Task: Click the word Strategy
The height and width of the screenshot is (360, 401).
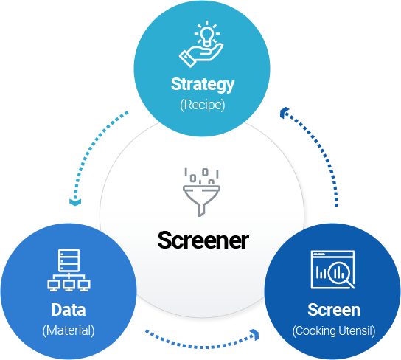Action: tap(203, 84)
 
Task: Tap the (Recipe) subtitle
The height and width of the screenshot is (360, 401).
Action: tap(203, 105)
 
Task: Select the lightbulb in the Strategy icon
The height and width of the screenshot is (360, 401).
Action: tap(206, 37)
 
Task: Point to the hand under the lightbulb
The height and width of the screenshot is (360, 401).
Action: tap(201, 55)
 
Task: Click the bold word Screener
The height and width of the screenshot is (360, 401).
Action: tap(203, 240)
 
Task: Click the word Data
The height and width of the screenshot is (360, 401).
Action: tap(69, 310)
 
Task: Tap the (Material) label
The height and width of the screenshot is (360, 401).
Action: tap(69, 330)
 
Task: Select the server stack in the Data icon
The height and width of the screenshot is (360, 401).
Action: tap(69, 260)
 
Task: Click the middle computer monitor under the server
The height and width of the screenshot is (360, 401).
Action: tap(69, 285)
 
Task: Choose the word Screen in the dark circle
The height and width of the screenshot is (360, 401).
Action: tap(334, 310)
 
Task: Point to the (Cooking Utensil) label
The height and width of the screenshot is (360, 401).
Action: tap(334, 330)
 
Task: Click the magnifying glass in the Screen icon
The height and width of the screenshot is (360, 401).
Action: tap(340, 274)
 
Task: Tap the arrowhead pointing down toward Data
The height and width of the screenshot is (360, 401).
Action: tap(75, 201)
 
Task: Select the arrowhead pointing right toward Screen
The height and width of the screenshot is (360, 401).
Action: tap(255, 335)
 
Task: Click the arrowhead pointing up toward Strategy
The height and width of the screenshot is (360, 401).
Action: tap(284, 113)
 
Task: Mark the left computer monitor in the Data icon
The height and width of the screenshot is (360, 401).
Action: tap(54, 285)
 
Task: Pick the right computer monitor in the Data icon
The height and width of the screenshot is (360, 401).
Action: tap(84, 285)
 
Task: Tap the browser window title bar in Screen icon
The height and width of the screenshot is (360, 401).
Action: tap(332, 255)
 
